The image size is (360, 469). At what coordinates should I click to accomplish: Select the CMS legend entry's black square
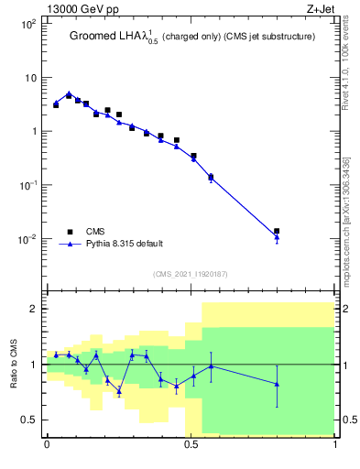pos(69,232)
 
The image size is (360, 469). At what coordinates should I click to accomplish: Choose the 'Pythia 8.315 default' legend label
pos(124,244)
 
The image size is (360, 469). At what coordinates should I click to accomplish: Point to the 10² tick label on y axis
pos(28,23)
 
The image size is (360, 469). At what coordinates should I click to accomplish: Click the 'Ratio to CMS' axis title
pos(15,364)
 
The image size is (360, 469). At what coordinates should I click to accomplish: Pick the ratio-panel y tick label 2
pos(35,309)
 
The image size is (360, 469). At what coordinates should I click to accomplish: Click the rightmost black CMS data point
pos(277,232)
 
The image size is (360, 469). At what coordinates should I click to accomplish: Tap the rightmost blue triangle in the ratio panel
pos(277,384)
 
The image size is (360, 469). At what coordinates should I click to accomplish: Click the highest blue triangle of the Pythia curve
pos(69,93)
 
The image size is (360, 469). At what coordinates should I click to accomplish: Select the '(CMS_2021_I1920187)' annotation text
pos(191,273)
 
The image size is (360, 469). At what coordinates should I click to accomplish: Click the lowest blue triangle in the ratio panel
pos(119,391)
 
